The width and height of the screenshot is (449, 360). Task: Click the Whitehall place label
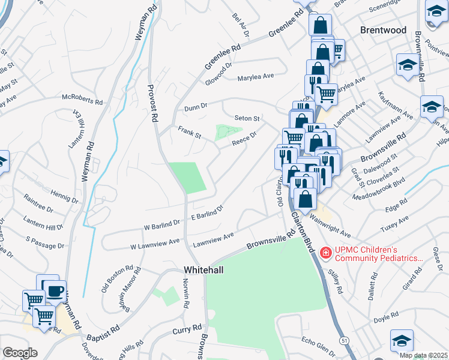203,271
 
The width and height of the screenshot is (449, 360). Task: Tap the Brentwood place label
383,30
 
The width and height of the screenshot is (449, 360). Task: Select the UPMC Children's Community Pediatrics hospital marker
325,253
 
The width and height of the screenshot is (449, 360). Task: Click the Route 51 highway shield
344,341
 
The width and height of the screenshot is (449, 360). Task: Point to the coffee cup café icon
55,292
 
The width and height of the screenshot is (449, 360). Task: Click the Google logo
20,353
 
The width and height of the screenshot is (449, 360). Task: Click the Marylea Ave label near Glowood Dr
255,77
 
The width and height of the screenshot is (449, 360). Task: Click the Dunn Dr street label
196,106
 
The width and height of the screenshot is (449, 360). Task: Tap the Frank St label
189,131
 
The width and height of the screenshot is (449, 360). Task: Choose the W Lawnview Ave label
155,244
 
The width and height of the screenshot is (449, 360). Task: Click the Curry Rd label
187,331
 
